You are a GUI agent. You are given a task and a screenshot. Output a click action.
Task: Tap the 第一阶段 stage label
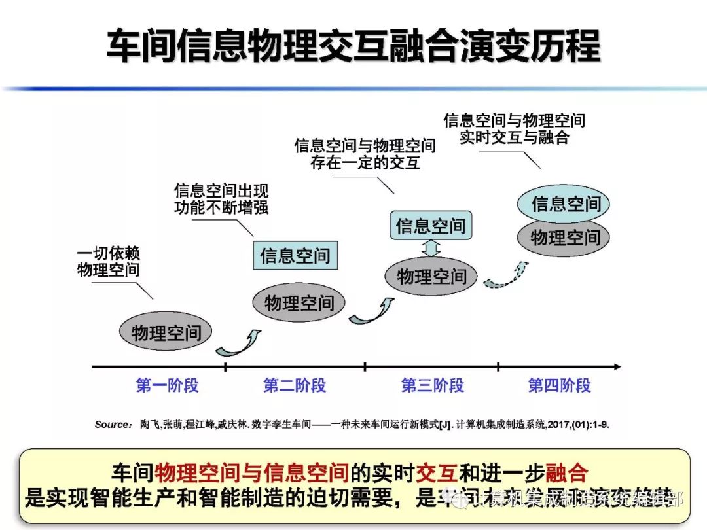coord(167,385)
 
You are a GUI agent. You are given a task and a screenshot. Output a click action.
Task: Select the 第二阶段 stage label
coord(295,385)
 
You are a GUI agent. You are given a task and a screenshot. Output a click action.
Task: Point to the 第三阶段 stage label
coord(432,385)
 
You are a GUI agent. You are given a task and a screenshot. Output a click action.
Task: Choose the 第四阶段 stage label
coord(560,385)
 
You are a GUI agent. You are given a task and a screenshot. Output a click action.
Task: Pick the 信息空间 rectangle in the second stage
coord(295,255)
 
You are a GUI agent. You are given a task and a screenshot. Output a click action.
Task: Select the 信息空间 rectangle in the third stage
coord(431,226)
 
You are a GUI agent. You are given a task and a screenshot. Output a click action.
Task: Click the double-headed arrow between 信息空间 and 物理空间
coord(431,249)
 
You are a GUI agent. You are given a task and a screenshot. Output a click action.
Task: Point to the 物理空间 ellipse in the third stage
coord(431,277)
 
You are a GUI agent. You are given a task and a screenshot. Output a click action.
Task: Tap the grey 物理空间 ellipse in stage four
coord(565,237)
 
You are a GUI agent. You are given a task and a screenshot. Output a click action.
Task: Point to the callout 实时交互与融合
coord(514,129)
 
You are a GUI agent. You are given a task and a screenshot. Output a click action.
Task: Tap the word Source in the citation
coord(112,425)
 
